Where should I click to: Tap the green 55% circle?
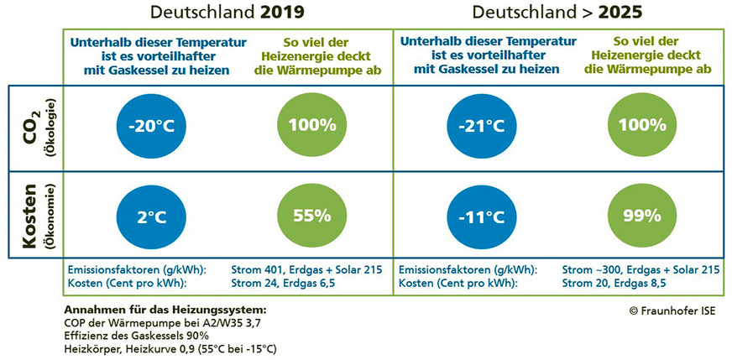pyautogui.click(x=312, y=215)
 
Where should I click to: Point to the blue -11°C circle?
pyautogui.click(x=482, y=215)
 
